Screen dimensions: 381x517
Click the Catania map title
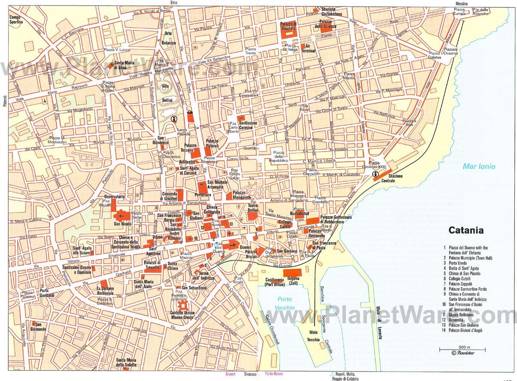click(x=466, y=230)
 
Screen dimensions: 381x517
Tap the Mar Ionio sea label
click(x=479, y=166)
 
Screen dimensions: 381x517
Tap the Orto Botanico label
click(x=169, y=38)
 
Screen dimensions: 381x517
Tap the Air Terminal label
click(x=308, y=48)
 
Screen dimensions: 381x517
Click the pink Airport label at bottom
click(x=230, y=375)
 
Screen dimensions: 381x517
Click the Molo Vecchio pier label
click(x=314, y=336)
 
